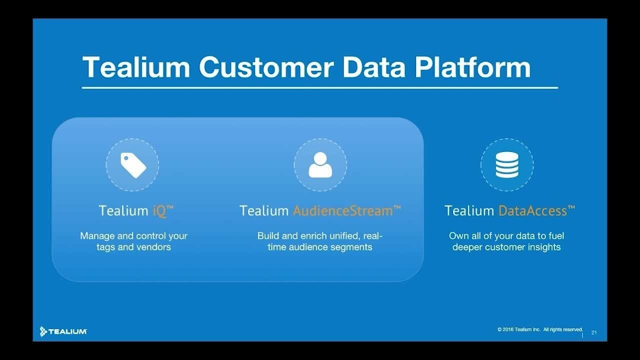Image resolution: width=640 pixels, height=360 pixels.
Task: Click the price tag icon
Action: [x=133, y=165]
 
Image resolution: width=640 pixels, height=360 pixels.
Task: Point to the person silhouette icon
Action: [x=320, y=165]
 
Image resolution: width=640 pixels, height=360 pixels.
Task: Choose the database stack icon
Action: [x=507, y=165]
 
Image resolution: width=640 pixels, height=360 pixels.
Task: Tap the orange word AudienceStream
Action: [x=343, y=210]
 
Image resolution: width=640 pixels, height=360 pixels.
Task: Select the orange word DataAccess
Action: [x=533, y=210]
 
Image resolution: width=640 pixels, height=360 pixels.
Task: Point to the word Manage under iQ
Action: [x=97, y=235]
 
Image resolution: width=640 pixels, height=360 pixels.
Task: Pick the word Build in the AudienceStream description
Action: [x=268, y=235]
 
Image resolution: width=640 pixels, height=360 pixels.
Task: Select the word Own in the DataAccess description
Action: [x=458, y=235]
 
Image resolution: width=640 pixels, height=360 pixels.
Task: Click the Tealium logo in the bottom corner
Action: [x=63, y=331]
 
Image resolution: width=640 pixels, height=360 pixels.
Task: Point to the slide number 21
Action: [x=594, y=332]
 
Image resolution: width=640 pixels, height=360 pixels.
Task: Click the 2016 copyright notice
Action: [x=540, y=329]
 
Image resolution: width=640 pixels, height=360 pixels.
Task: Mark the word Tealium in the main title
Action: [x=136, y=67]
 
